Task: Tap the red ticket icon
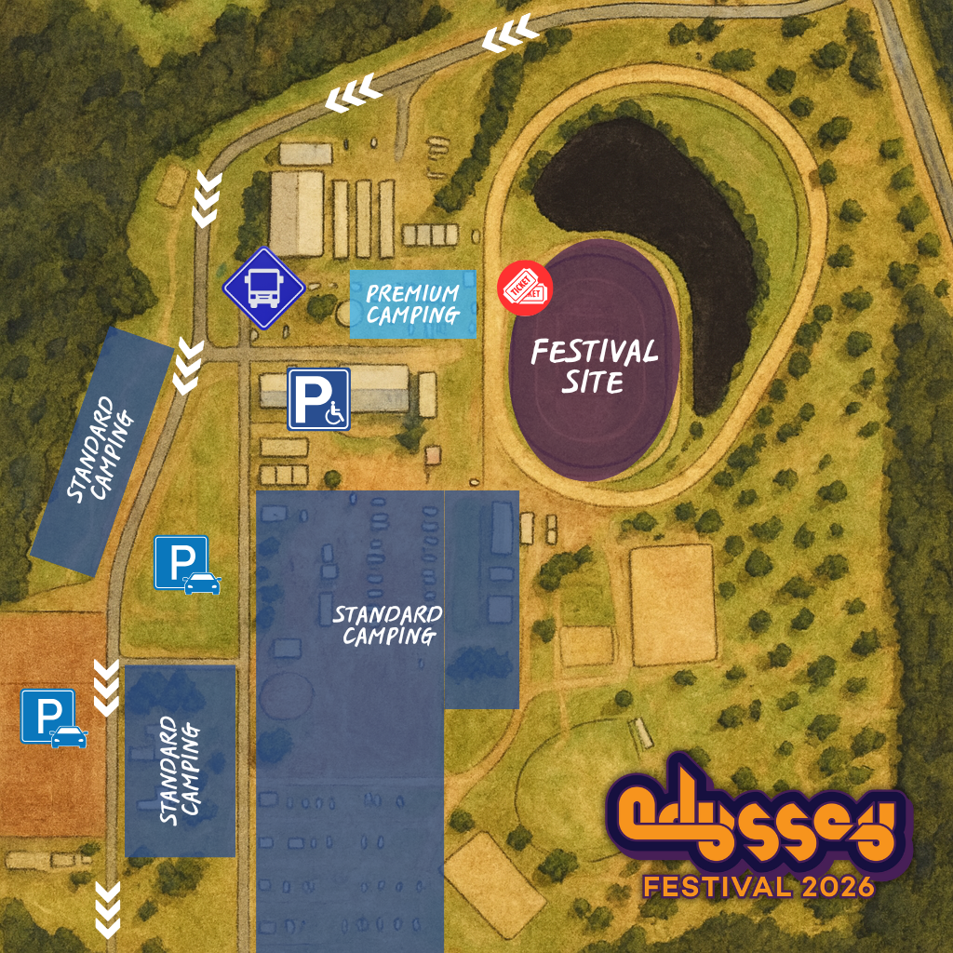(x=525, y=289)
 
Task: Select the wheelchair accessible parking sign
(x=318, y=399)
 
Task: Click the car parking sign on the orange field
(x=54, y=718)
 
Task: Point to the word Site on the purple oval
(x=593, y=382)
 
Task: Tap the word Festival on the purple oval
(x=594, y=352)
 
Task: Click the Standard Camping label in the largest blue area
(x=388, y=625)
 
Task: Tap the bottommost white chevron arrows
(x=109, y=909)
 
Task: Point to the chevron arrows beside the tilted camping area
(x=189, y=366)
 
